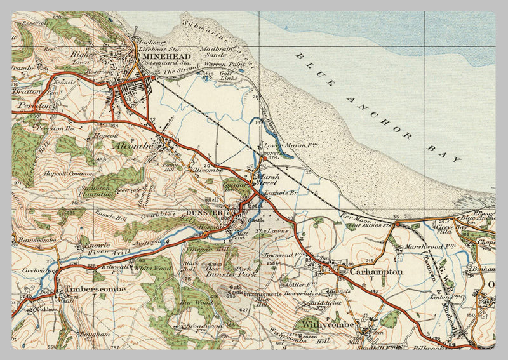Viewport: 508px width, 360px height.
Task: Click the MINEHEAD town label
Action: [164, 55]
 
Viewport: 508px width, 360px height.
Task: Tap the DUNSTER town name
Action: [204, 212]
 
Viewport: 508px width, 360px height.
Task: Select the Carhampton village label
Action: [379, 272]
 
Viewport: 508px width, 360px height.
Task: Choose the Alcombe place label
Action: [134, 145]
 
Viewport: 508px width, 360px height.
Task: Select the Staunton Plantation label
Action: [97, 192]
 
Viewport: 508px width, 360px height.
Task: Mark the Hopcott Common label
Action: [64, 173]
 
